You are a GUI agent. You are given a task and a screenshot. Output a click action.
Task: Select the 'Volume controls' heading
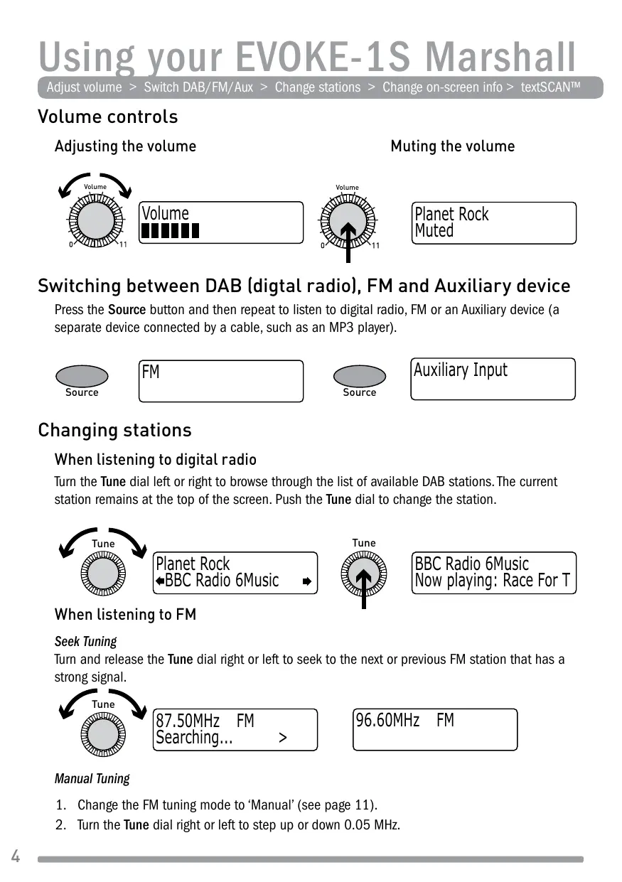108,117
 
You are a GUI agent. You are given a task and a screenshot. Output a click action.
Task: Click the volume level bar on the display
171,231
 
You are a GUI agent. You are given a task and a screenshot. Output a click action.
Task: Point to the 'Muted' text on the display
434,231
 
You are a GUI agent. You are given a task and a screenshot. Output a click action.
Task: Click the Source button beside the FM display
82,377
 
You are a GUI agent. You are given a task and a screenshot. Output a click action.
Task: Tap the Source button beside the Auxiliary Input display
360,377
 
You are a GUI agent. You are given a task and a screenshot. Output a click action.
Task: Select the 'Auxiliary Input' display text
461,370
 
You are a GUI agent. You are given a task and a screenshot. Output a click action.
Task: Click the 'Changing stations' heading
114,430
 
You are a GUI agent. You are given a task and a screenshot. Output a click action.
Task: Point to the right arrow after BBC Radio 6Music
306,581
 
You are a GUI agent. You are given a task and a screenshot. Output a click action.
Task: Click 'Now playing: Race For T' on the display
492,581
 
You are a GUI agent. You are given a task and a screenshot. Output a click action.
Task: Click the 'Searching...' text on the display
194,738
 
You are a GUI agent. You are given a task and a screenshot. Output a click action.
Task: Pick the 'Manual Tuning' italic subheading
92,778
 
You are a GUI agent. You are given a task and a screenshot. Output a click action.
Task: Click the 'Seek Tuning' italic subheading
85,641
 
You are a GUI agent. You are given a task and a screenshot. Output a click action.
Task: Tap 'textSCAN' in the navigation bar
551,87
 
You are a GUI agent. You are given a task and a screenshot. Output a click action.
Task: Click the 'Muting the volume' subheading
453,146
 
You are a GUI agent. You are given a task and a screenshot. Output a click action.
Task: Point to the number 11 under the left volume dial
122,245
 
